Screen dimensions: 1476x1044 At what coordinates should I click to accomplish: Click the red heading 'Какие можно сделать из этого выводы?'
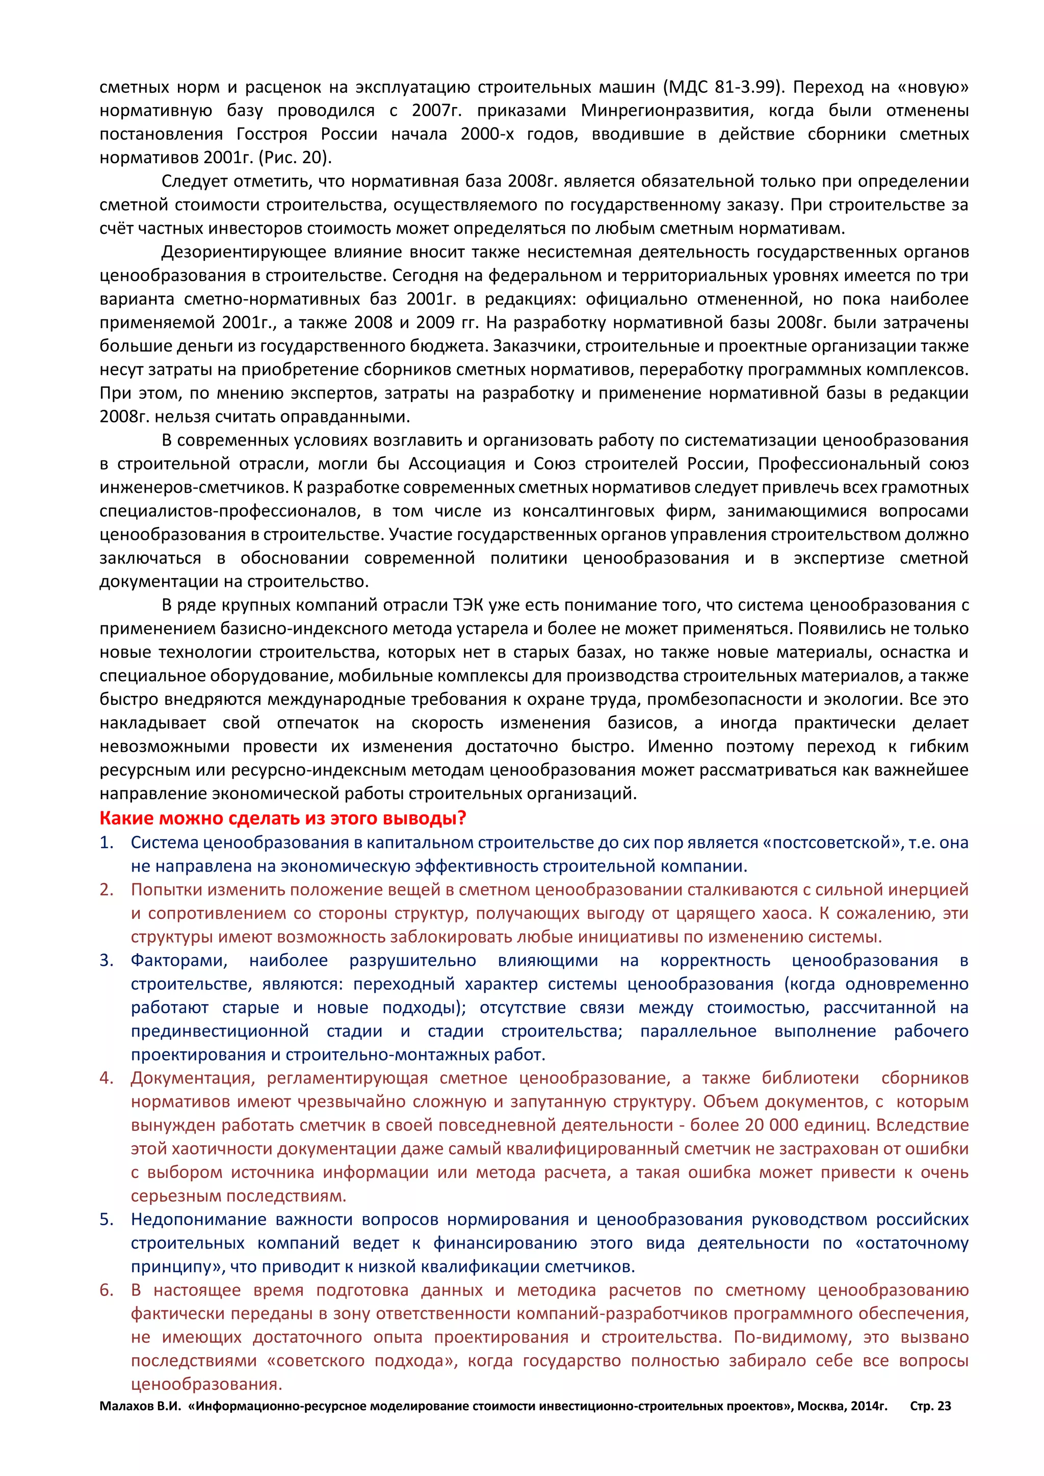[283, 819]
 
